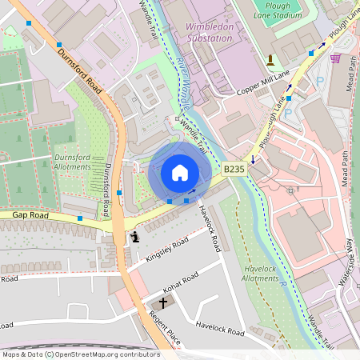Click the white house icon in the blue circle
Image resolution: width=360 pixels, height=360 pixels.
click(x=179, y=173)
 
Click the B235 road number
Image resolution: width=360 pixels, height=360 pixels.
click(x=234, y=170)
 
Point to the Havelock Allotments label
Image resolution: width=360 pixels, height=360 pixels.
click(x=260, y=274)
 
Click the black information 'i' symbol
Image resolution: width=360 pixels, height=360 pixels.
click(x=135, y=237)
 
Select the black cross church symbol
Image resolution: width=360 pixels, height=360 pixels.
click(x=164, y=303)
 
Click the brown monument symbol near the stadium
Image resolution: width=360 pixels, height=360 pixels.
click(x=270, y=59)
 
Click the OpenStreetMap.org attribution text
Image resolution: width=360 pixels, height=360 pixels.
click(x=104, y=354)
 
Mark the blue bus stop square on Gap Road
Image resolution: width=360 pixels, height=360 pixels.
click(x=79, y=218)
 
